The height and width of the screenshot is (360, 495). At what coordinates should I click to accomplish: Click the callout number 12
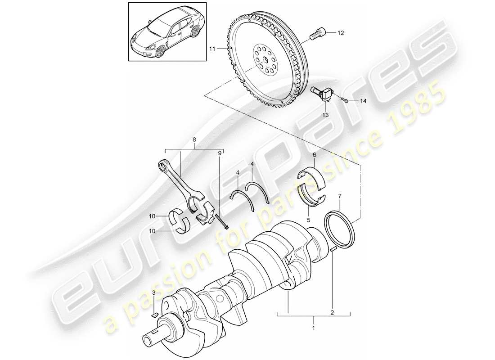[x=340, y=33]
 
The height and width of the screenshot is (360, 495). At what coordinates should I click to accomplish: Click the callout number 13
[x=325, y=115]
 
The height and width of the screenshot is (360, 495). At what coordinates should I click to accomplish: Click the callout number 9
[x=220, y=153]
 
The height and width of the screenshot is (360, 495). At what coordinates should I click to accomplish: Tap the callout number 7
[x=340, y=196]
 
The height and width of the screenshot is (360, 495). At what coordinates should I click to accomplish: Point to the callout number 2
[x=332, y=311]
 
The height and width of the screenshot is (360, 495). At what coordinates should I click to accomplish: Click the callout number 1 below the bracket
[x=313, y=329]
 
